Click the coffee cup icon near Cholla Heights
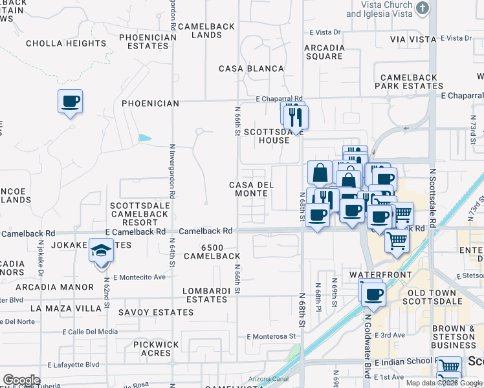point(70,102)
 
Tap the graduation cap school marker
point(101,250)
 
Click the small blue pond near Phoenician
point(145,138)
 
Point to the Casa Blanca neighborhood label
point(251,69)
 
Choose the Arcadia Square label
point(324,52)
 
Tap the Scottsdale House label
point(266,136)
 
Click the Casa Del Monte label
point(252,189)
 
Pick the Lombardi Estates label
point(206,296)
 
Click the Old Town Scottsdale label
point(432,297)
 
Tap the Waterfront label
point(390,275)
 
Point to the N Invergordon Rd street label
point(172,171)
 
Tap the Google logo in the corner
point(21,380)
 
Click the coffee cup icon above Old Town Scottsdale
point(372,295)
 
